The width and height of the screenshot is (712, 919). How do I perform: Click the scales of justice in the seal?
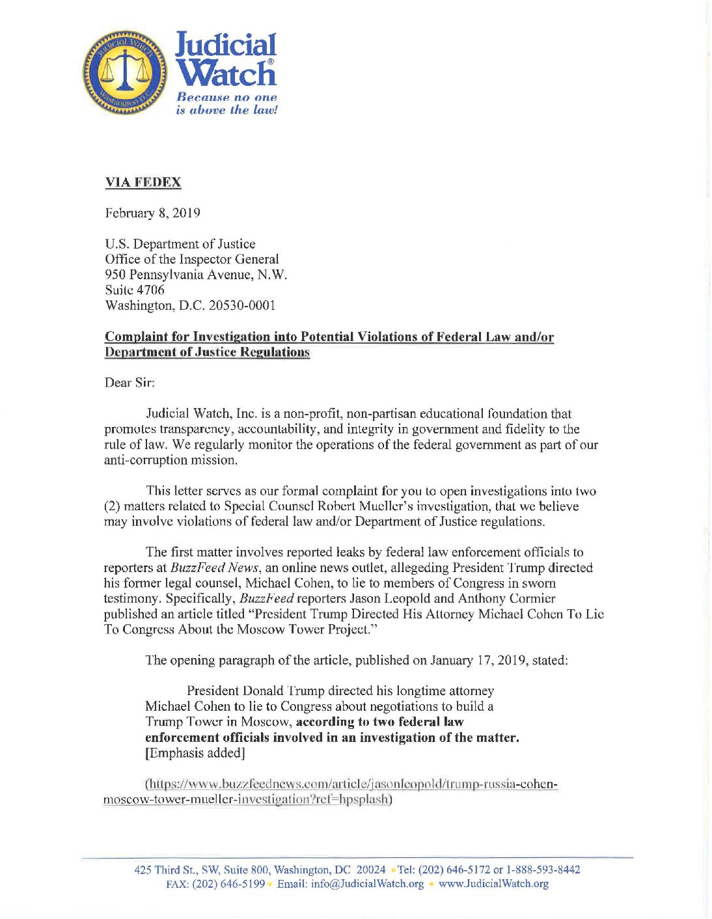[x=124, y=72]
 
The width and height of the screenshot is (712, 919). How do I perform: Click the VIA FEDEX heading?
[x=143, y=183]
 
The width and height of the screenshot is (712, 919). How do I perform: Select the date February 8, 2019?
[x=152, y=213]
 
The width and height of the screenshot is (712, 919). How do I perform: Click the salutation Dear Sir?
[x=130, y=383]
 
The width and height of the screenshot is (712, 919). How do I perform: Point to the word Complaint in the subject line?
[x=136, y=337]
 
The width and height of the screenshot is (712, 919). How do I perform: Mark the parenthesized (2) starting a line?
[x=113, y=506]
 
